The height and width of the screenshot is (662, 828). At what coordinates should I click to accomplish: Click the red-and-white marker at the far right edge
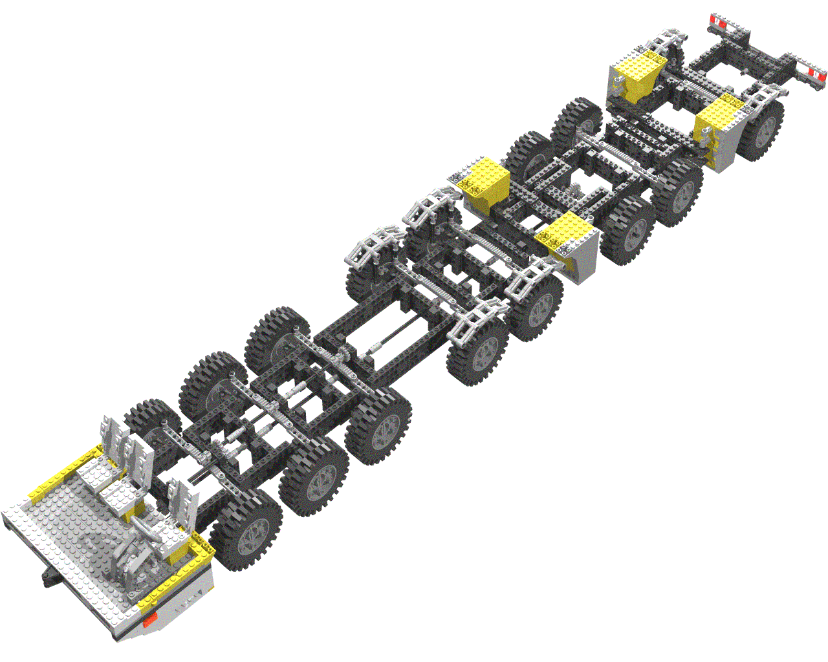pos(809,69)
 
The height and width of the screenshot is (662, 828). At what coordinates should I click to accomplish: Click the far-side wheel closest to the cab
pos(147,427)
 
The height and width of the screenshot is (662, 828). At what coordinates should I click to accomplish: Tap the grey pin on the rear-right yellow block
pos(704,136)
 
